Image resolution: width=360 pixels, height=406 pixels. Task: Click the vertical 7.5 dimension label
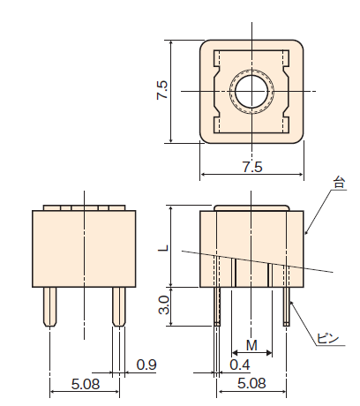click(x=162, y=90)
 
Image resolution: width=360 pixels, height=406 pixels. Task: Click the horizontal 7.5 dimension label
click(x=252, y=167)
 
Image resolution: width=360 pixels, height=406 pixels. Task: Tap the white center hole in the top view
click(x=251, y=92)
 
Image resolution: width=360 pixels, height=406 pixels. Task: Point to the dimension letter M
click(x=251, y=345)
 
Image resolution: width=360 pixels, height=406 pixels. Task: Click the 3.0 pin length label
click(x=164, y=305)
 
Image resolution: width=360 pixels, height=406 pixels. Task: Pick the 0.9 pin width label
click(x=146, y=365)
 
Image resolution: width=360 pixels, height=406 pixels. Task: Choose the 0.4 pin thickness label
click(x=240, y=365)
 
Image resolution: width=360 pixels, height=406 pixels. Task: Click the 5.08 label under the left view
click(x=86, y=384)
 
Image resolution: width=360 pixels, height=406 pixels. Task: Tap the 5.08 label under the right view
click(x=251, y=383)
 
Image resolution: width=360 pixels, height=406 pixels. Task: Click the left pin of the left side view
click(x=50, y=307)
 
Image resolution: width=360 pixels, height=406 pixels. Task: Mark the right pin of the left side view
click(x=119, y=307)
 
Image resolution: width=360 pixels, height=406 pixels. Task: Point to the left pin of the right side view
click(x=217, y=306)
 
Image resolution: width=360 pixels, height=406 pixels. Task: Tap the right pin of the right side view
click(x=287, y=306)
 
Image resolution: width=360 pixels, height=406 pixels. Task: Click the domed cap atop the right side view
click(x=251, y=208)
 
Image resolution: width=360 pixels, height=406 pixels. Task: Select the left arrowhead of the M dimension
click(x=235, y=352)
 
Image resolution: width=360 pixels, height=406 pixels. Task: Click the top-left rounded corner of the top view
click(x=204, y=43)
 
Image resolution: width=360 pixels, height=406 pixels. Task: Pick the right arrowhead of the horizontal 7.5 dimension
click(x=301, y=175)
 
